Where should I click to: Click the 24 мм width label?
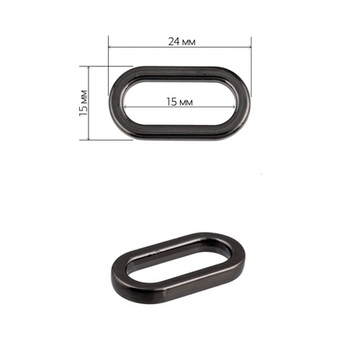tap(181, 42)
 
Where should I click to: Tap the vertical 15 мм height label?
tap(84, 103)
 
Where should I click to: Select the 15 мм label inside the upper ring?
tap(180, 102)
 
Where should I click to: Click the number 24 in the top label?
tap(174, 42)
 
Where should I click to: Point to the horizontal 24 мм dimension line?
tap(180, 47)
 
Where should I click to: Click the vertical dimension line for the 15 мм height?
tap(89, 103)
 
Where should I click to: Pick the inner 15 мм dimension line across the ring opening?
tap(179, 107)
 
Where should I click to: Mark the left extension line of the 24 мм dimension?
tap(109, 66)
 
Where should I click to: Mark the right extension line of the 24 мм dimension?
tap(251, 66)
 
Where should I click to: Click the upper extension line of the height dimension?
tap(106, 66)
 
